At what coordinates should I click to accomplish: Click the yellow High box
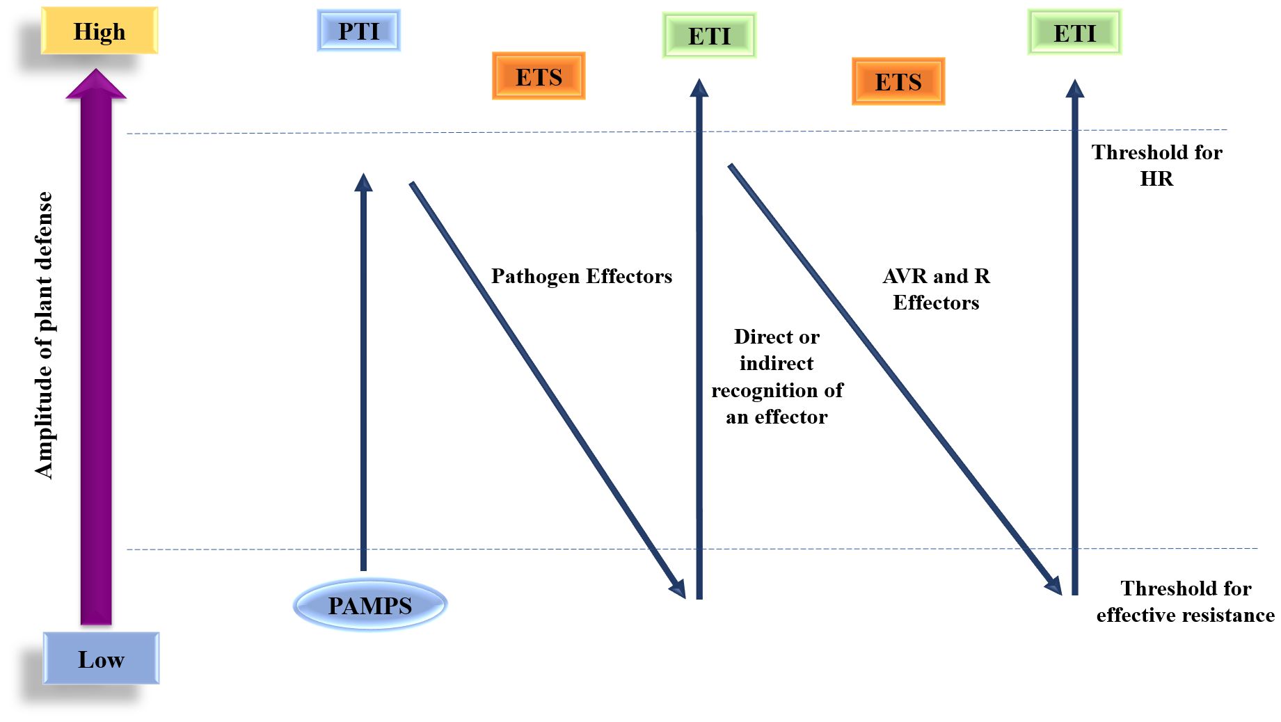(x=100, y=31)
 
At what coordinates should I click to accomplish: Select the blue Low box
(x=101, y=659)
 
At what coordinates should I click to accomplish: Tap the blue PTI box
(x=358, y=31)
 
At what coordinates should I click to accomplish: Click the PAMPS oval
(x=369, y=605)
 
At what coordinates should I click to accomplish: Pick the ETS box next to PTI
(x=539, y=77)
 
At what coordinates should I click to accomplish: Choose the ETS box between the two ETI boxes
(x=898, y=81)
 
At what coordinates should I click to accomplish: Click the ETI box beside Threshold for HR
(x=1074, y=33)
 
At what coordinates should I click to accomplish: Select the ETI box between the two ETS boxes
(x=709, y=35)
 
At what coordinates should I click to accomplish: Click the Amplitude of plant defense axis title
(x=44, y=335)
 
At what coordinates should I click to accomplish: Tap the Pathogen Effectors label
(x=582, y=276)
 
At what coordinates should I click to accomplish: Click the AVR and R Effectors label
(x=936, y=289)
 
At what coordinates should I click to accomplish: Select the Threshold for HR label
(x=1156, y=166)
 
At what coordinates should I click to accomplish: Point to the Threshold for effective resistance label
(x=1185, y=602)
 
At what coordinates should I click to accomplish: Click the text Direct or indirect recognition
(x=777, y=376)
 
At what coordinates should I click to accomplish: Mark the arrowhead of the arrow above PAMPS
(x=363, y=182)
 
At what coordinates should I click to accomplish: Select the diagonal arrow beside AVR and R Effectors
(x=891, y=376)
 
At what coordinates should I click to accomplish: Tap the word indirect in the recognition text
(x=777, y=363)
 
